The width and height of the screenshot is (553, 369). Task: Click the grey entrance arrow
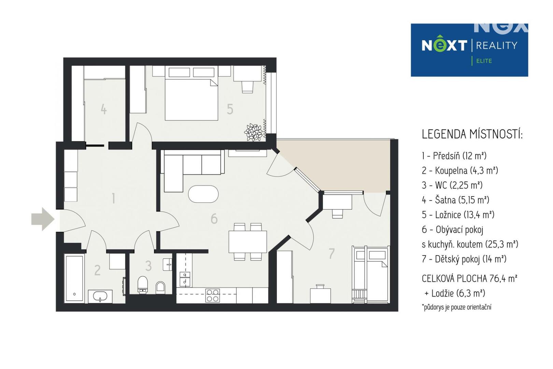click(43, 219)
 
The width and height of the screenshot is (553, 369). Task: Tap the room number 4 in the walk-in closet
click(104, 109)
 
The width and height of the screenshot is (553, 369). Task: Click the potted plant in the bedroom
click(254, 132)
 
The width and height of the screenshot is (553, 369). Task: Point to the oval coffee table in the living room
click(203, 194)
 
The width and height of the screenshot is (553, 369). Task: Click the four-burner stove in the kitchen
click(213, 296)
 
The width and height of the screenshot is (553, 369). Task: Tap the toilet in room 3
click(143, 285)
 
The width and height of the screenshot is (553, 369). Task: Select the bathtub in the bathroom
click(74, 279)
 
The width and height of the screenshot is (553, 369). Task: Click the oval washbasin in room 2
click(100, 295)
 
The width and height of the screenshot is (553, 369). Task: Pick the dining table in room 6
click(247, 242)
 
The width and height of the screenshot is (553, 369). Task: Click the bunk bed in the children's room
click(371, 274)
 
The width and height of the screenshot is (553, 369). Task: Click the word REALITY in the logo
click(496, 45)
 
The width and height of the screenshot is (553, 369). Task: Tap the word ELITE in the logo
click(484, 61)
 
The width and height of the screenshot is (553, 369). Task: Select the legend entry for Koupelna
click(460, 170)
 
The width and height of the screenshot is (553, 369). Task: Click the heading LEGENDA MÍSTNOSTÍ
click(472, 134)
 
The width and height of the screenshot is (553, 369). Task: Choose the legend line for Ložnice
click(458, 215)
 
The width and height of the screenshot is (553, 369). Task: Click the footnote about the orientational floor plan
click(456, 307)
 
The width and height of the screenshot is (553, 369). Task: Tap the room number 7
click(331, 253)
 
